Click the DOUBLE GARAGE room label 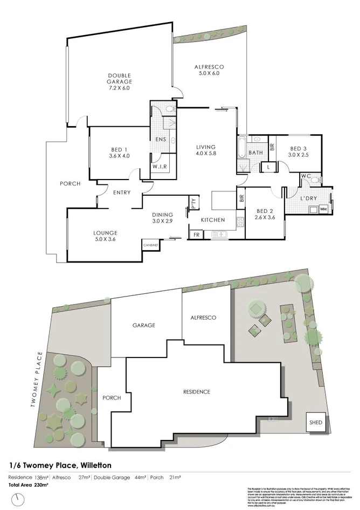coord(119,81)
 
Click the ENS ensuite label coord(161,140)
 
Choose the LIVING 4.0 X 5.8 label coord(206,150)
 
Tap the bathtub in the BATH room coord(241,147)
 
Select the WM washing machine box coord(323,208)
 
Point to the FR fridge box coord(195,235)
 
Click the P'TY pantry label coord(193,203)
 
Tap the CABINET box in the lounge coord(150,245)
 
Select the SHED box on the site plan coord(316,423)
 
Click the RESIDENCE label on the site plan coord(196,391)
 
